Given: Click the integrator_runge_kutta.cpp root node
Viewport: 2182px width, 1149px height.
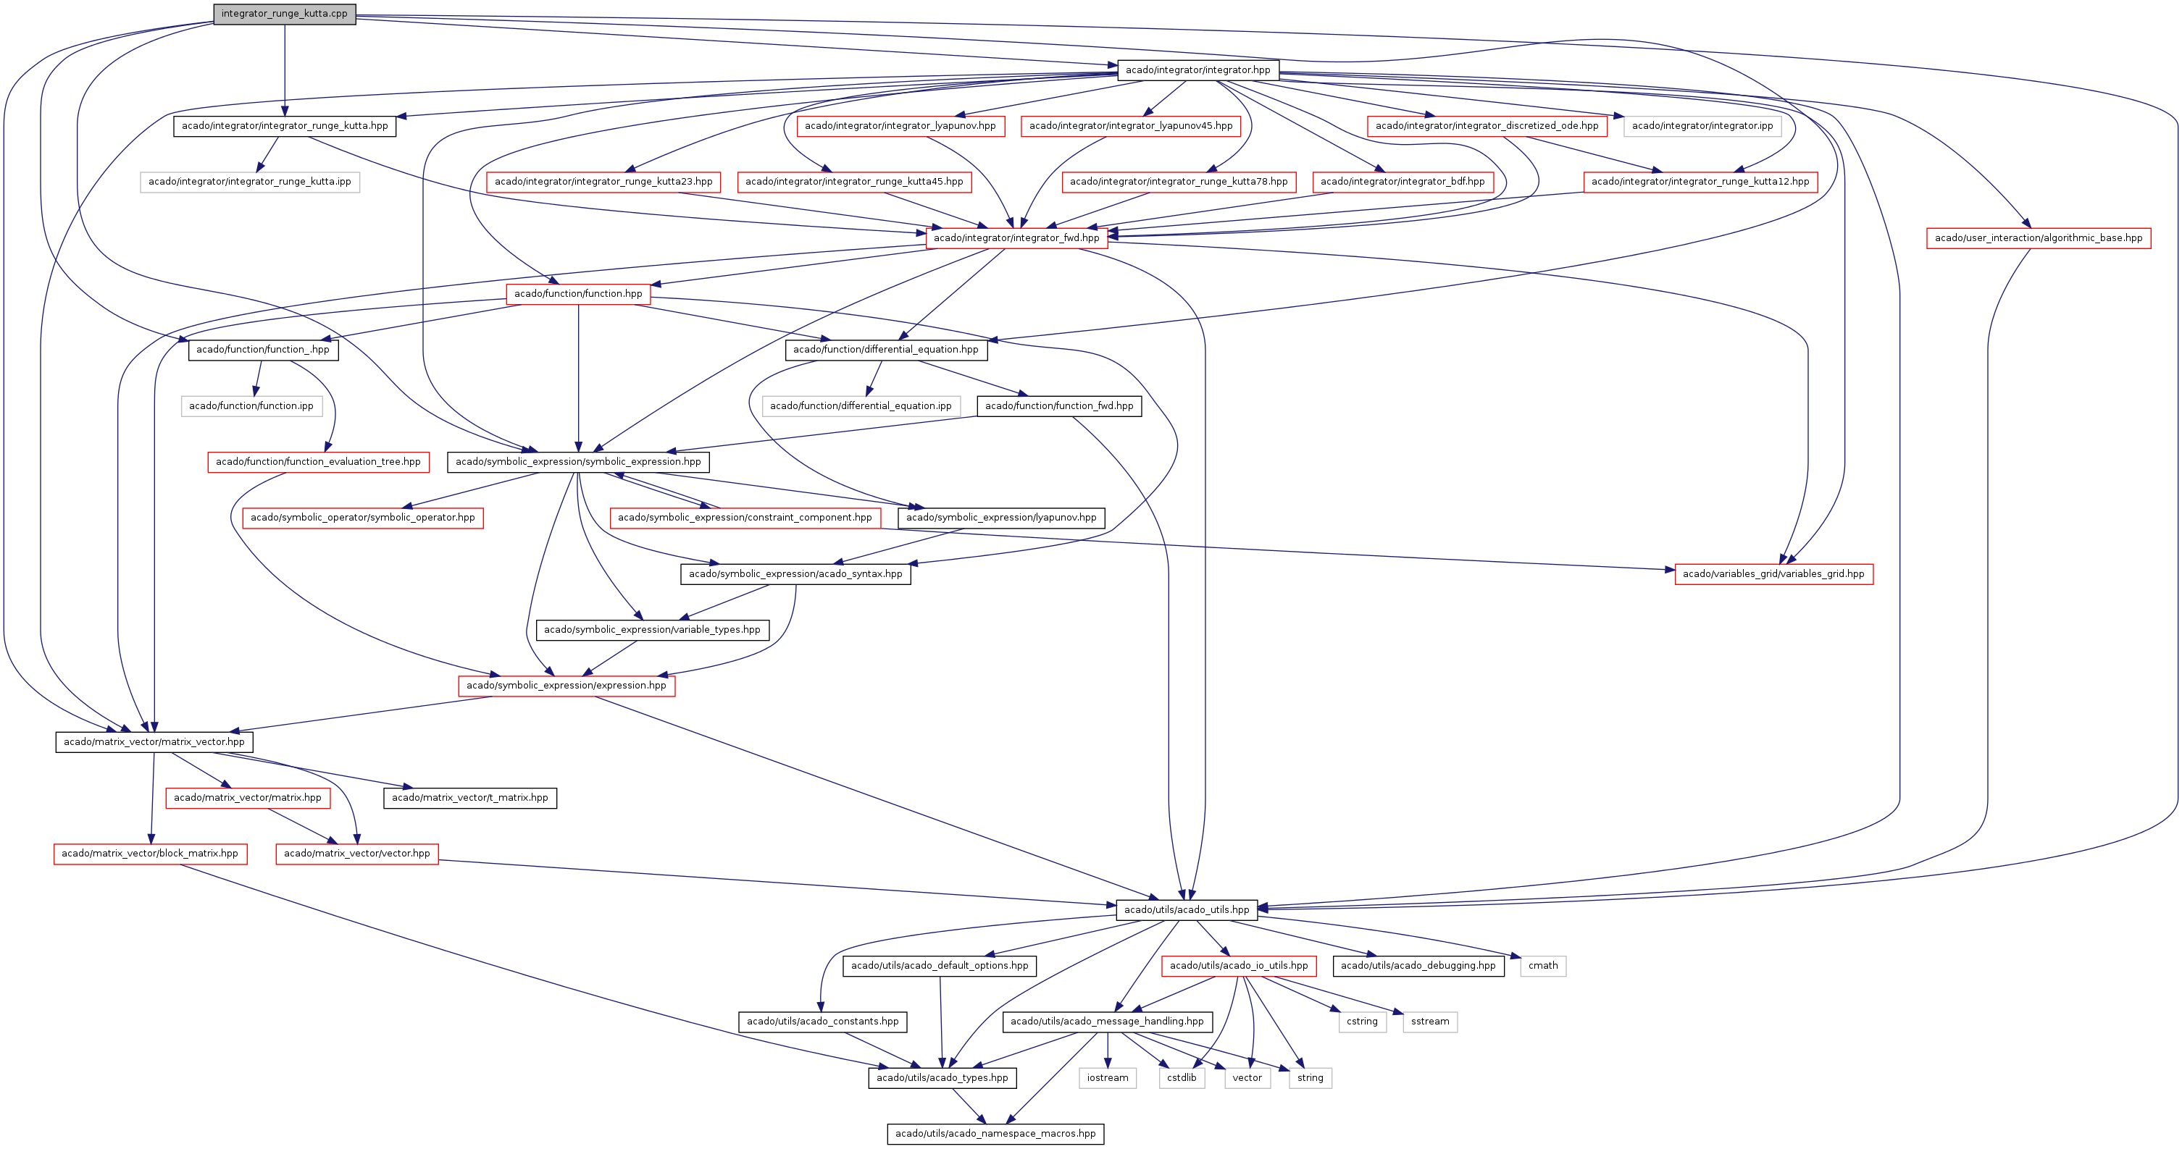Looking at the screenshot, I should [x=285, y=14].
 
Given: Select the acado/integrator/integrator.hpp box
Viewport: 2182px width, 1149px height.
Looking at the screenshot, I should [x=1197, y=70].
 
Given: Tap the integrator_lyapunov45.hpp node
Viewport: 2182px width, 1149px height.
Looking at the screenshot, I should [x=1131, y=126].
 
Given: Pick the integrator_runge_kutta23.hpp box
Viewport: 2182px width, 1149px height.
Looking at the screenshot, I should [x=603, y=182].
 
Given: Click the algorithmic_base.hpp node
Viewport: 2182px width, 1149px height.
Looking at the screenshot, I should [x=2038, y=238].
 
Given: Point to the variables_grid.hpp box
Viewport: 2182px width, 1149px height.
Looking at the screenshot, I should [x=1773, y=574].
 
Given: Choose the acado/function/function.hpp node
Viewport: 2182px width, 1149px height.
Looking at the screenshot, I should [x=579, y=294].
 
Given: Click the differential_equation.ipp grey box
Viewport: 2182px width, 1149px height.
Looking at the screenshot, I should [x=861, y=406].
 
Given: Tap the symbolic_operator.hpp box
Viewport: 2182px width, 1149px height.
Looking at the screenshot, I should [x=362, y=518].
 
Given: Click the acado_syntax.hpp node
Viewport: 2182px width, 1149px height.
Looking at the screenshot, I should [x=795, y=574].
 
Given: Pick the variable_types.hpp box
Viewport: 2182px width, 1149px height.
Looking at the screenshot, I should [x=652, y=630].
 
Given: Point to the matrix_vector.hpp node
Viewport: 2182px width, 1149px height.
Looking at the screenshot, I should [x=154, y=741].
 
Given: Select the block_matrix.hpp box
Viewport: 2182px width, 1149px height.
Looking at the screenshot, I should [x=150, y=854].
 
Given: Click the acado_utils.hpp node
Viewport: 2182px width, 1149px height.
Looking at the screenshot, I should [x=1187, y=910].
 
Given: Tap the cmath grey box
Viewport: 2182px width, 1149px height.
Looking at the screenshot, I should [x=1543, y=966].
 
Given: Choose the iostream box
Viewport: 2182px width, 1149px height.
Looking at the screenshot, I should [x=1108, y=1078].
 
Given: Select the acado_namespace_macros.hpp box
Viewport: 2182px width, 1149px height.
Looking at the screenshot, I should [x=995, y=1134].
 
